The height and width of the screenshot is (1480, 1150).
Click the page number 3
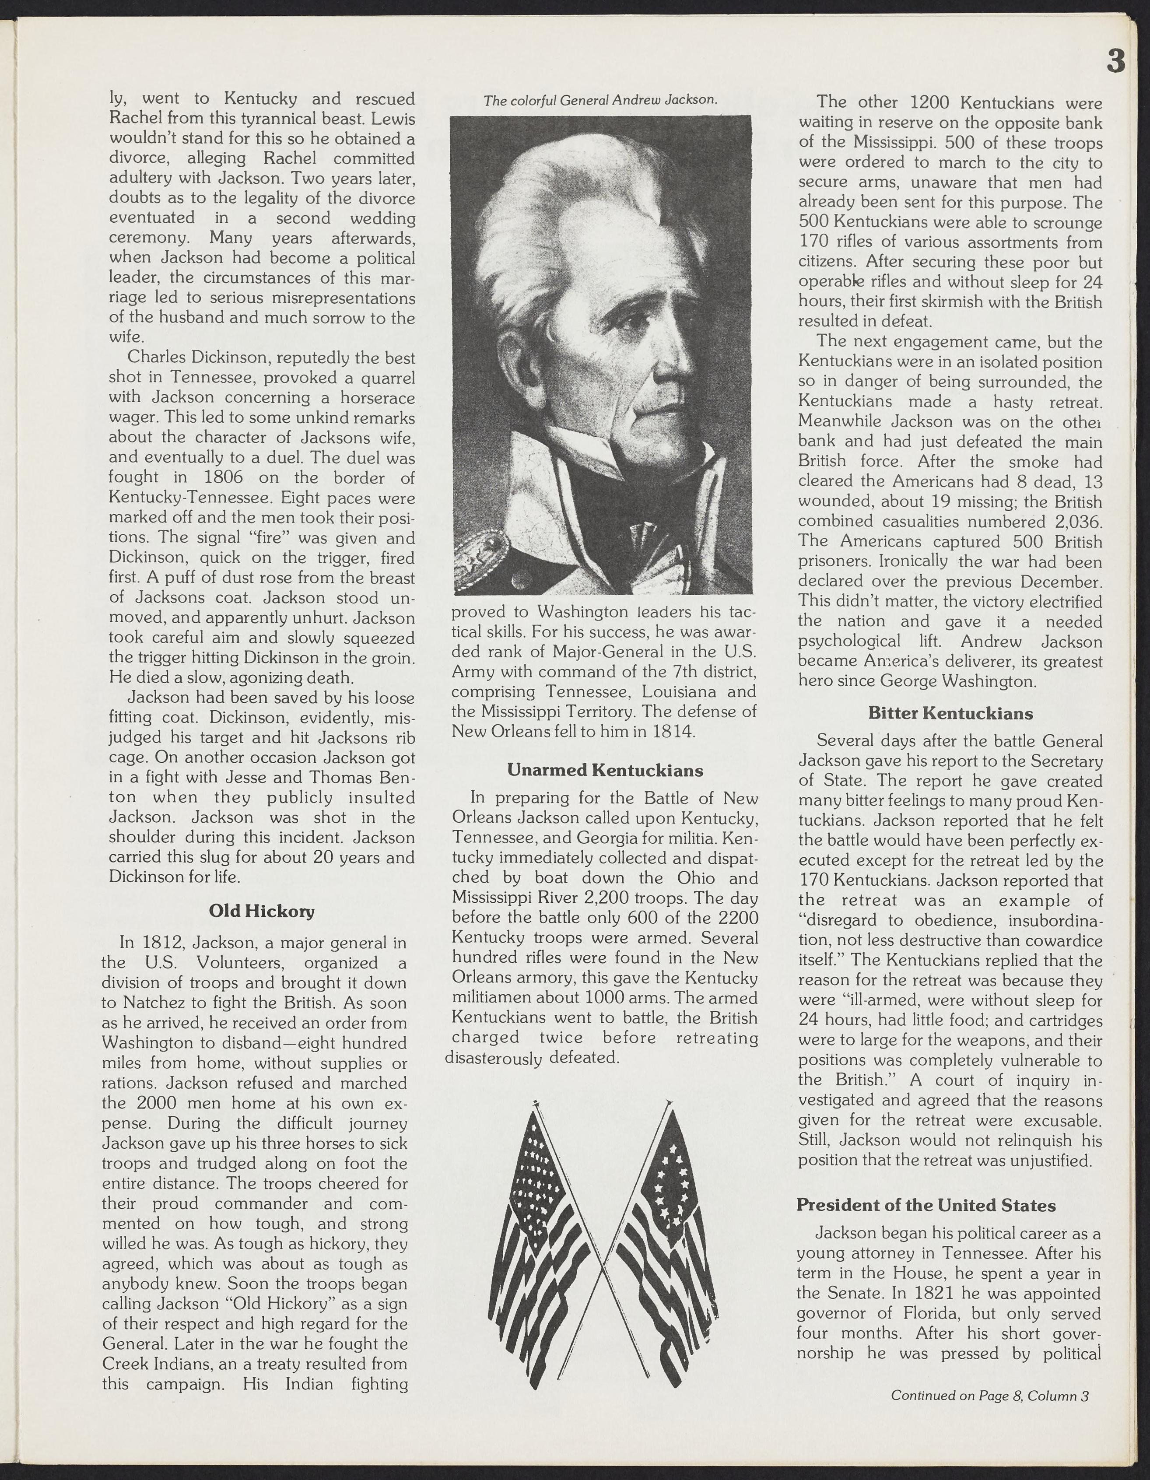click(1115, 62)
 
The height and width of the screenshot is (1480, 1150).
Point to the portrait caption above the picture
click(600, 100)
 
